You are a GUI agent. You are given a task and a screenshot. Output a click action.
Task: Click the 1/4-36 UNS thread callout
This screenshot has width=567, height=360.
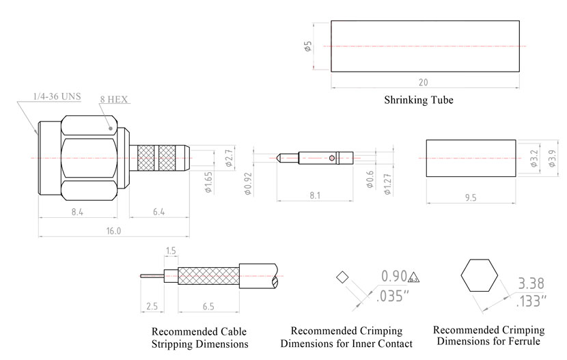pos(57,96)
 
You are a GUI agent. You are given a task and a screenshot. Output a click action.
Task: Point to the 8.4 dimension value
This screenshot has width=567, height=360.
pos(77,212)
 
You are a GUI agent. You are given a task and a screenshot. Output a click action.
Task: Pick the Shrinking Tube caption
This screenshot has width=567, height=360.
pos(418,100)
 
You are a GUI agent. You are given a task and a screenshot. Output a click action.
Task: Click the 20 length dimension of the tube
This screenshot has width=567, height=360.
pos(424,83)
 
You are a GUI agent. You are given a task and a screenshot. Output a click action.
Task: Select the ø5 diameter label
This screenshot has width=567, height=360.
pos(308,46)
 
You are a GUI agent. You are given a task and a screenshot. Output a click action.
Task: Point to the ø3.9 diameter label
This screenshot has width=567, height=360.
pos(552,158)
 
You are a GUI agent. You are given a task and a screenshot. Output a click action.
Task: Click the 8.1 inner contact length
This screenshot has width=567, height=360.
pos(315,195)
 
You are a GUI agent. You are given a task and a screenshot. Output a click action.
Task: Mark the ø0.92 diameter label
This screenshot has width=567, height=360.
pos(247,182)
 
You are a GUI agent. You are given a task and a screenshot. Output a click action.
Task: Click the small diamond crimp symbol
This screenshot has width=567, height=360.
pos(342,277)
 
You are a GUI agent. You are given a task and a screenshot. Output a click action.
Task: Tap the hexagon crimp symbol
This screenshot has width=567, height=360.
pos(478,276)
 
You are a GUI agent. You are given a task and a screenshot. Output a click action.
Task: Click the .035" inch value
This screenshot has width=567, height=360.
pos(393,297)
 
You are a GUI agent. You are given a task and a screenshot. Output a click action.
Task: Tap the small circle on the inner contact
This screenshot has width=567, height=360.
pos(331,158)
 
